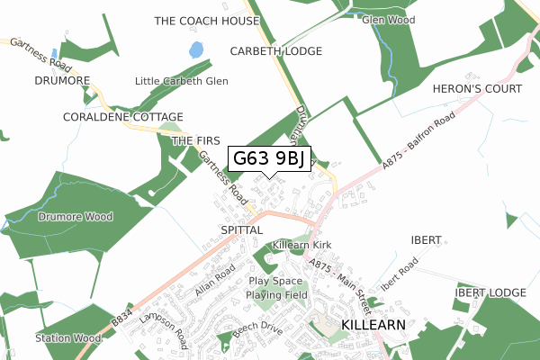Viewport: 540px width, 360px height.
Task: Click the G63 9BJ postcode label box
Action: tap(270, 159)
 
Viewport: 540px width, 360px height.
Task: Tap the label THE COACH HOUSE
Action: tap(207, 21)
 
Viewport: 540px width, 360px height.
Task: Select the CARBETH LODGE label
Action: tap(275, 51)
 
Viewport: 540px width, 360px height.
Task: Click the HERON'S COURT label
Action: tap(490, 89)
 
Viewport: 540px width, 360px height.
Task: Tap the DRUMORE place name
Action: tap(62, 81)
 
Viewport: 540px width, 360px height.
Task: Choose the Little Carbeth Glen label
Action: tap(181, 81)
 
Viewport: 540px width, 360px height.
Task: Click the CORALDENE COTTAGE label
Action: tap(123, 118)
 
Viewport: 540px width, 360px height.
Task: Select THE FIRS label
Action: tap(195, 141)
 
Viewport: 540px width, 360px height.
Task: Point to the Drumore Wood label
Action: tap(76, 217)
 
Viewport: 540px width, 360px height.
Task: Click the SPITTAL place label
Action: tap(240, 230)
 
